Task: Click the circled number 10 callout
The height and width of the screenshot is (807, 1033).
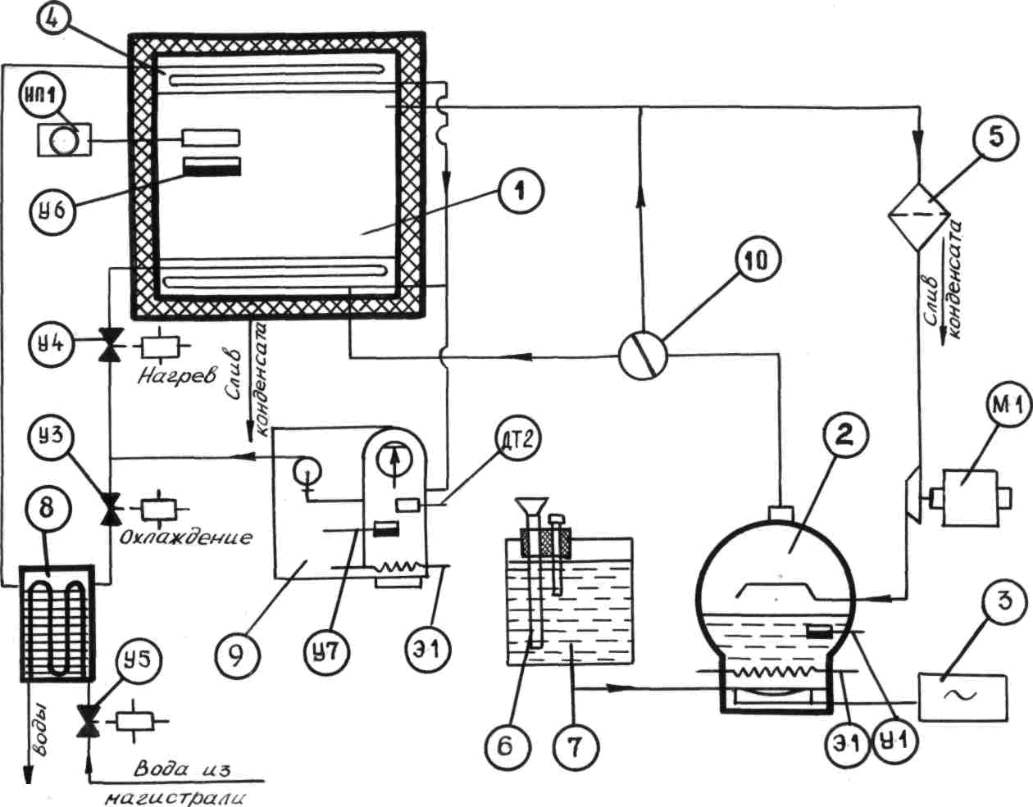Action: click(758, 264)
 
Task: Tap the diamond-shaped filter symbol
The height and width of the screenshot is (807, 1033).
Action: click(919, 216)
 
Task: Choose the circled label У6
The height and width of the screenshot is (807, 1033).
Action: click(52, 211)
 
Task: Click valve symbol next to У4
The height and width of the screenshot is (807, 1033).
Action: click(110, 347)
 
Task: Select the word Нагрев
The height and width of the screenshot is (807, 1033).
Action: click(177, 375)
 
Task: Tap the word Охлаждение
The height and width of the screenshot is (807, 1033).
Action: click(186, 537)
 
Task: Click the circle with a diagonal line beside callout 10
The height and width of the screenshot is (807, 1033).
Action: click(644, 355)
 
